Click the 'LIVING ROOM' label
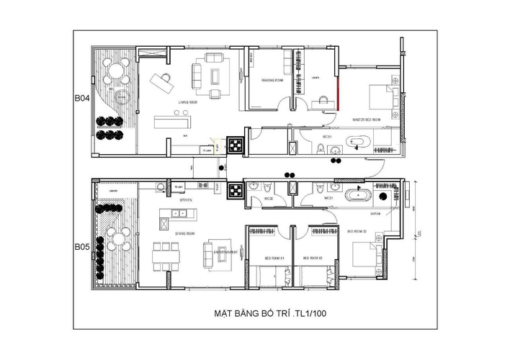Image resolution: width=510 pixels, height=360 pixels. click(188, 103)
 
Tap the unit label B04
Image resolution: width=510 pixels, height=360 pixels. click(81, 100)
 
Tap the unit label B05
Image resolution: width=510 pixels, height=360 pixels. click(81, 247)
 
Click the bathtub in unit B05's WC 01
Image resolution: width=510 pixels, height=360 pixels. click(357, 196)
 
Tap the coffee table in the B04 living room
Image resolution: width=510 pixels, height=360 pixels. click(215, 75)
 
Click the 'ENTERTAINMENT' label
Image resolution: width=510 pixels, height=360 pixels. click(227, 253)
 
